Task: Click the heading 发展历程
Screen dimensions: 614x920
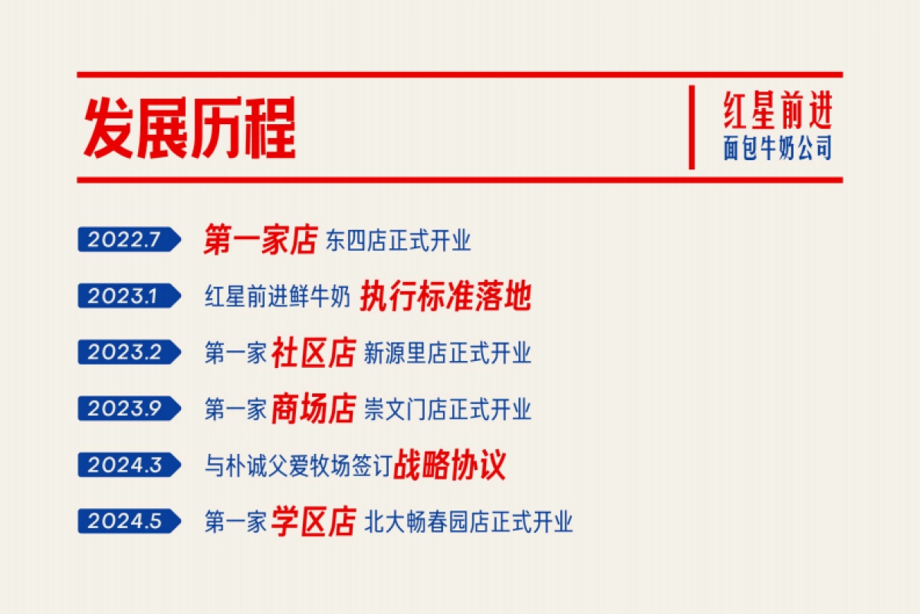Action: (x=189, y=128)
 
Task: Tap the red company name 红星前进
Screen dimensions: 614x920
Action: (x=777, y=111)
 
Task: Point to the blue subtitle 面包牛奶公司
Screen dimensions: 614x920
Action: (x=777, y=148)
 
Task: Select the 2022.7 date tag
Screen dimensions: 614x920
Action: (x=127, y=240)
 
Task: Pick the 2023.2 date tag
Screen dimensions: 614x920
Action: (x=127, y=353)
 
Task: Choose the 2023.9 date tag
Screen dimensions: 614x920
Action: (x=127, y=409)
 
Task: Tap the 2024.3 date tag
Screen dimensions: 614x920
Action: (x=127, y=465)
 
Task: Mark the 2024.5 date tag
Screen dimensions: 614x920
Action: (x=127, y=522)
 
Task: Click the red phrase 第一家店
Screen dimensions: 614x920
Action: (x=260, y=240)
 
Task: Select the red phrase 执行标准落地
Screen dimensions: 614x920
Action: (x=445, y=297)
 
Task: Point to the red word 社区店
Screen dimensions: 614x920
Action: (x=313, y=353)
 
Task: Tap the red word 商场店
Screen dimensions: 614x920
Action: (x=313, y=409)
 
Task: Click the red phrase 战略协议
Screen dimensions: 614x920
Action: (x=450, y=465)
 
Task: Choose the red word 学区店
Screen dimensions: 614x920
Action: (x=313, y=522)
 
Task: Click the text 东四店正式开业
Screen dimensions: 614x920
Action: (x=398, y=241)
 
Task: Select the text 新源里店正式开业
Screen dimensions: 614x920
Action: (x=447, y=353)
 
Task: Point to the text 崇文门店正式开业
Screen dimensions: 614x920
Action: (x=447, y=410)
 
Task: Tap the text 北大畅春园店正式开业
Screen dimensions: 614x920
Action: (x=468, y=523)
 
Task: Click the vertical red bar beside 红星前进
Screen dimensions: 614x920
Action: (x=692, y=127)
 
